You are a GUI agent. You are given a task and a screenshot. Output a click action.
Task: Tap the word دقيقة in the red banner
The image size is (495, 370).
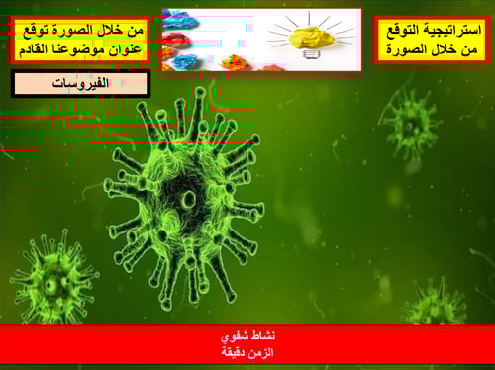pyautogui.click(x=234, y=352)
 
